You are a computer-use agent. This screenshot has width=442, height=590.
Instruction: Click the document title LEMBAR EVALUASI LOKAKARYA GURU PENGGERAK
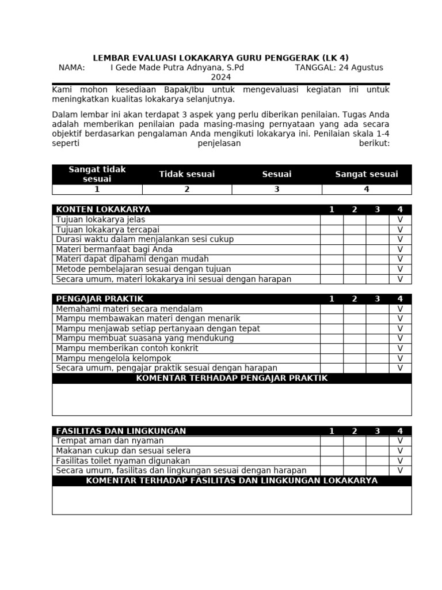(x=221, y=58)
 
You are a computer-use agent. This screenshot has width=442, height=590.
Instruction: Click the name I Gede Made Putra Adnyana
(x=177, y=67)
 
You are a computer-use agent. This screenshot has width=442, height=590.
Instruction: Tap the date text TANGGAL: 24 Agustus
(x=339, y=67)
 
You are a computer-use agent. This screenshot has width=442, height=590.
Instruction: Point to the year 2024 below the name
(x=221, y=77)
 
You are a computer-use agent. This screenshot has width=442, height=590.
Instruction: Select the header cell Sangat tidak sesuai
(x=97, y=174)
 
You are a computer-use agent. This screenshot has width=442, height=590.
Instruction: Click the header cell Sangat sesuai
(x=367, y=174)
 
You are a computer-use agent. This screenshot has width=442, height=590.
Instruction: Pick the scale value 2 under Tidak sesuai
(x=186, y=190)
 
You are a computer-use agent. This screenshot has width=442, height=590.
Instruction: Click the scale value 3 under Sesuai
(x=277, y=190)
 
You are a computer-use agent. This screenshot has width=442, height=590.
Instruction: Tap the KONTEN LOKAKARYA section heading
(x=103, y=210)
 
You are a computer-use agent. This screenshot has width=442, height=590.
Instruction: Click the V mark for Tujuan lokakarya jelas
(x=400, y=220)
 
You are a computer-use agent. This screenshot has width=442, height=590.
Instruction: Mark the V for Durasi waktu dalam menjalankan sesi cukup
(x=400, y=240)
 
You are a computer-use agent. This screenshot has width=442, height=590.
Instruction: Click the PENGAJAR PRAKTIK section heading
(x=100, y=299)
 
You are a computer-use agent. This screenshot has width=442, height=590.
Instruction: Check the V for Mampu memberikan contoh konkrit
(x=400, y=349)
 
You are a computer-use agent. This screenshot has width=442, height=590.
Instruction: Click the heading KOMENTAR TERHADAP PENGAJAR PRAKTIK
(x=231, y=378)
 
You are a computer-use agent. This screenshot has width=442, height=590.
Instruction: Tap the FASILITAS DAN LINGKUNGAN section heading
(x=121, y=431)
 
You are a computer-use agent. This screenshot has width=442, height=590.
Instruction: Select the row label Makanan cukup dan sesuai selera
(x=123, y=451)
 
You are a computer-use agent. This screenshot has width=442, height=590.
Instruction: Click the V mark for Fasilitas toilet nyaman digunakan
(x=400, y=461)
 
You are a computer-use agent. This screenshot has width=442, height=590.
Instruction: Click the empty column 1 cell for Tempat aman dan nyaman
(x=331, y=441)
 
